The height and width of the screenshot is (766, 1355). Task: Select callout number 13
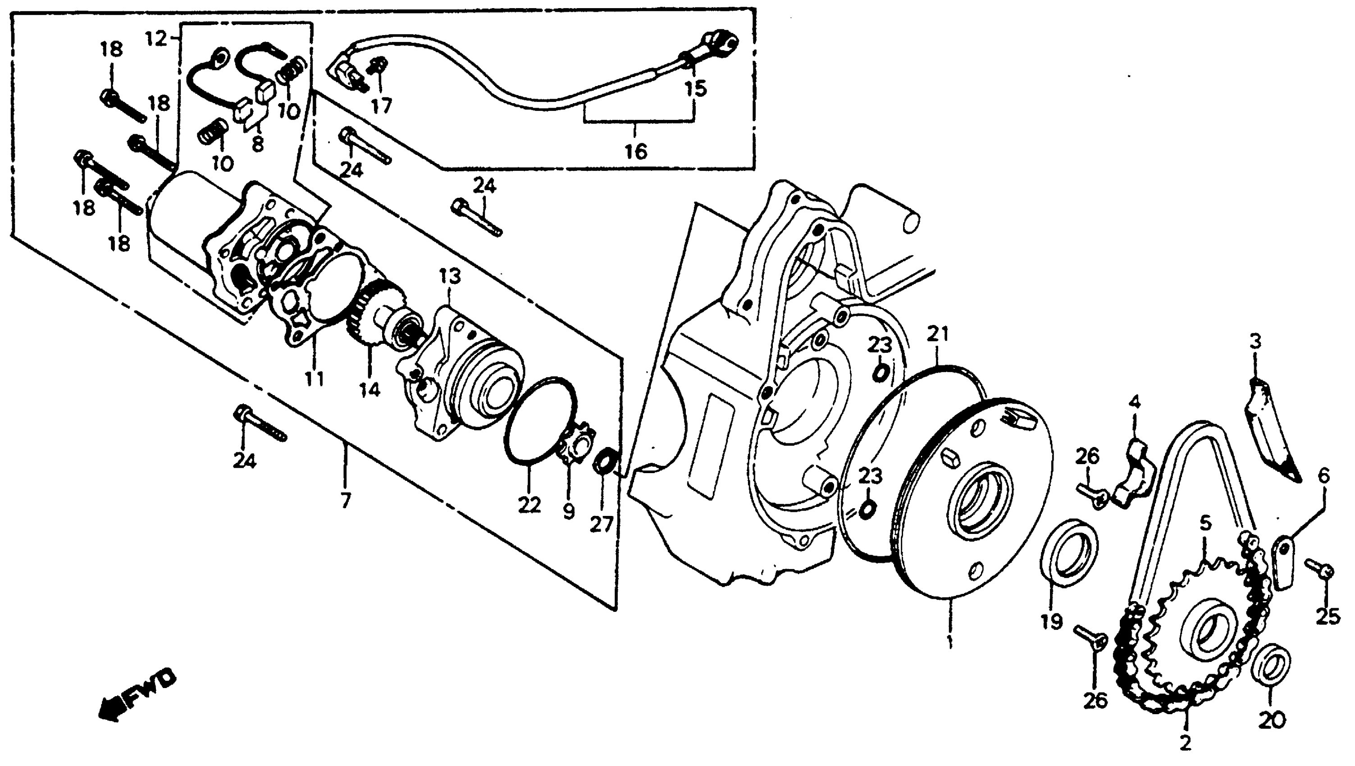[x=450, y=276]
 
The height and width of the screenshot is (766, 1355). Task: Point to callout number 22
[x=529, y=505]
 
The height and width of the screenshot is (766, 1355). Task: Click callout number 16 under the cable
[x=635, y=151]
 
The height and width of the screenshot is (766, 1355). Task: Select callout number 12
[x=156, y=38]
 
